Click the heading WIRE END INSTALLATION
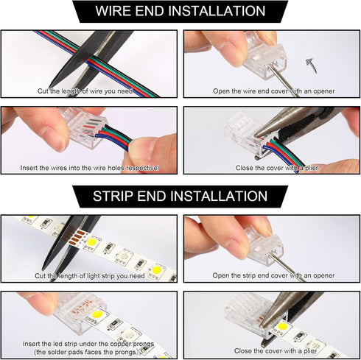click(x=180, y=11)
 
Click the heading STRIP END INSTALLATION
click(x=180, y=196)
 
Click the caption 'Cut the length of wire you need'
click(x=89, y=91)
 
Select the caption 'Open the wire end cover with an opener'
click(x=273, y=91)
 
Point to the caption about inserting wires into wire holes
click(x=89, y=168)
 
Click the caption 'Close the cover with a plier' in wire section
click(x=273, y=168)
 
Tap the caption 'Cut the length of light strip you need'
click(x=89, y=275)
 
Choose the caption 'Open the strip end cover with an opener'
click(x=273, y=275)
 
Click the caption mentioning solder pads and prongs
click(x=89, y=347)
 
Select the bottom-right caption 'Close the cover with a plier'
click(x=273, y=351)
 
